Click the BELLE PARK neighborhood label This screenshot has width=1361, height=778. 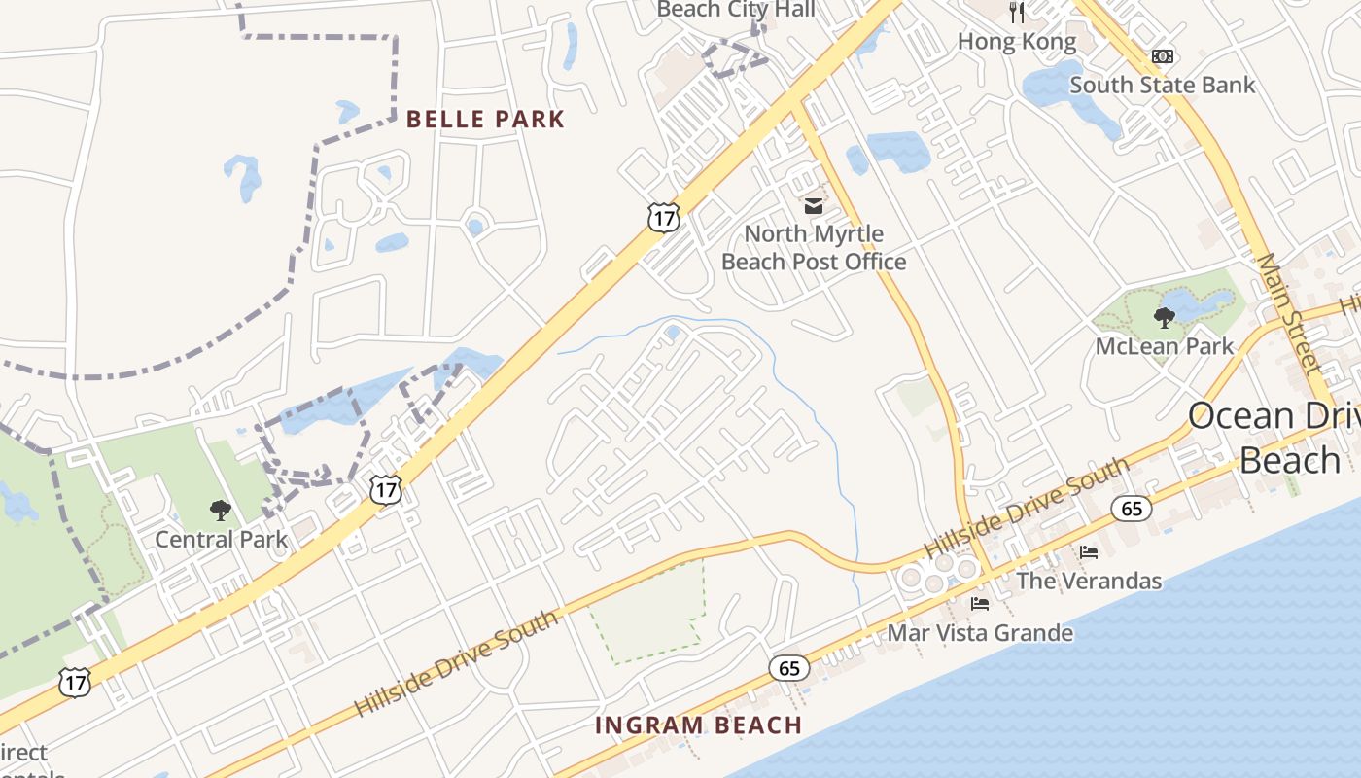[484, 120]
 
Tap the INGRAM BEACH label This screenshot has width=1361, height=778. [698, 725]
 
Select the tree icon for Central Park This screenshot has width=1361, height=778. [221, 510]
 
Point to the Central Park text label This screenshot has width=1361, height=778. [222, 539]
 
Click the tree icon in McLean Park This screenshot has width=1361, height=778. [1164, 317]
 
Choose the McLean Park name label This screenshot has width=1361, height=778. [1164, 346]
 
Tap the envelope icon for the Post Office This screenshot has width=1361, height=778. [813, 206]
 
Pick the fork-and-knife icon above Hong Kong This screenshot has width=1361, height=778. [1017, 13]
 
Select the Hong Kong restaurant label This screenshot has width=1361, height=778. [1017, 42]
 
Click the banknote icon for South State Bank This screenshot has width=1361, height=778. [1162, 56]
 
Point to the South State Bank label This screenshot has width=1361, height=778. [1162, 85]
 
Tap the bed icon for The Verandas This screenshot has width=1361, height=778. [1089, 552]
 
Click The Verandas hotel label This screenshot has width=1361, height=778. [1089, 582]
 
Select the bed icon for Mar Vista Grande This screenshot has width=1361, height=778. [980, 604]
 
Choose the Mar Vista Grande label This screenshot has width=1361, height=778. [980, 633]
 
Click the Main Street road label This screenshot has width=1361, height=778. [1289, 313]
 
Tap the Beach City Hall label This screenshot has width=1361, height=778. [736, 11]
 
